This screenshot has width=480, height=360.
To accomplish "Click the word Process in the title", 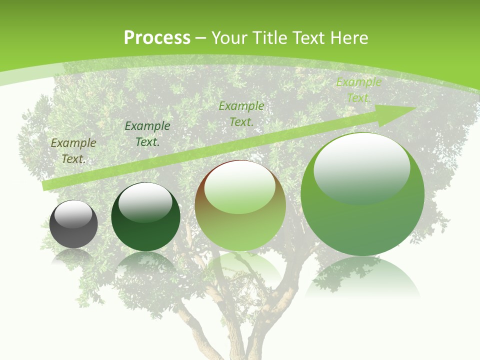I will coord(157,38).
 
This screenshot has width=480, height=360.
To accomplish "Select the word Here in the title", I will coord(348,38).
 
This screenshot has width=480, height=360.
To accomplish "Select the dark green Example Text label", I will coord(147,134).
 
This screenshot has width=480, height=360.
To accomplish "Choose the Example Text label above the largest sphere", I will coord(358,90).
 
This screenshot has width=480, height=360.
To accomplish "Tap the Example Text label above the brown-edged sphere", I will coord(241,113).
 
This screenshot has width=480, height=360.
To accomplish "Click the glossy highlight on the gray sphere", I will coord(73,214).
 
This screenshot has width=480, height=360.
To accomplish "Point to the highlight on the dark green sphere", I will coord(145,202).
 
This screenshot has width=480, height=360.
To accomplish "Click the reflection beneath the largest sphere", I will coord(362,277).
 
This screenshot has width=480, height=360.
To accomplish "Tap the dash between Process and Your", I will coord(201,38).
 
